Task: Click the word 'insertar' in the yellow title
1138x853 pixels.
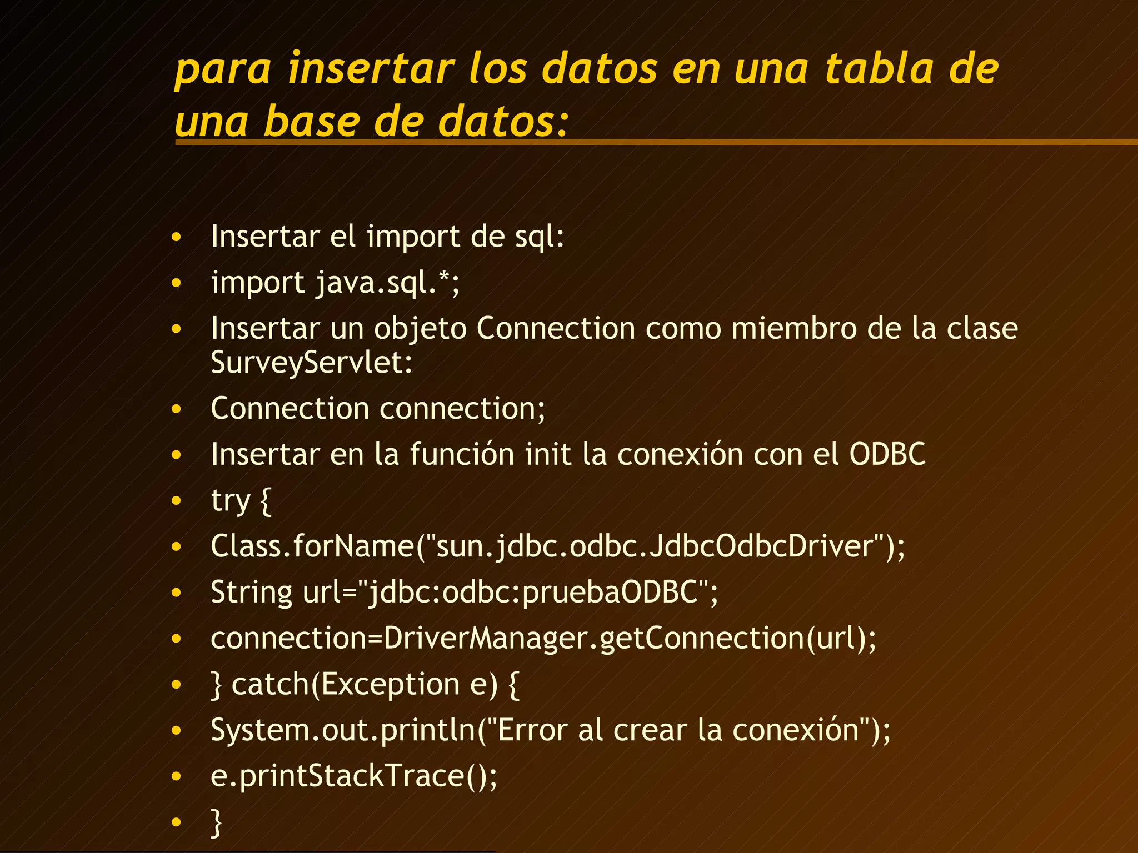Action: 371,69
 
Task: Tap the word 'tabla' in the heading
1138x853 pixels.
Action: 879,69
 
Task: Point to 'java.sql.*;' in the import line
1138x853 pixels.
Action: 388,283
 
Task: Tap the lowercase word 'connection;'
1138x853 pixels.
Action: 462,409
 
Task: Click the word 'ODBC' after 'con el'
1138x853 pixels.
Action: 887,454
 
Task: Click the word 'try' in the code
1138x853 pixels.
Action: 231,501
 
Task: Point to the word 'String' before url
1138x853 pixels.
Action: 251,592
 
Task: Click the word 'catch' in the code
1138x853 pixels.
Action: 270,684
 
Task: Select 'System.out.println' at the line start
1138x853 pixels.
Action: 343,730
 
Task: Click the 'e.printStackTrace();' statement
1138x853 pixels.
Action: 354,776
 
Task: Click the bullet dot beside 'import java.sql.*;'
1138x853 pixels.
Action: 177,283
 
